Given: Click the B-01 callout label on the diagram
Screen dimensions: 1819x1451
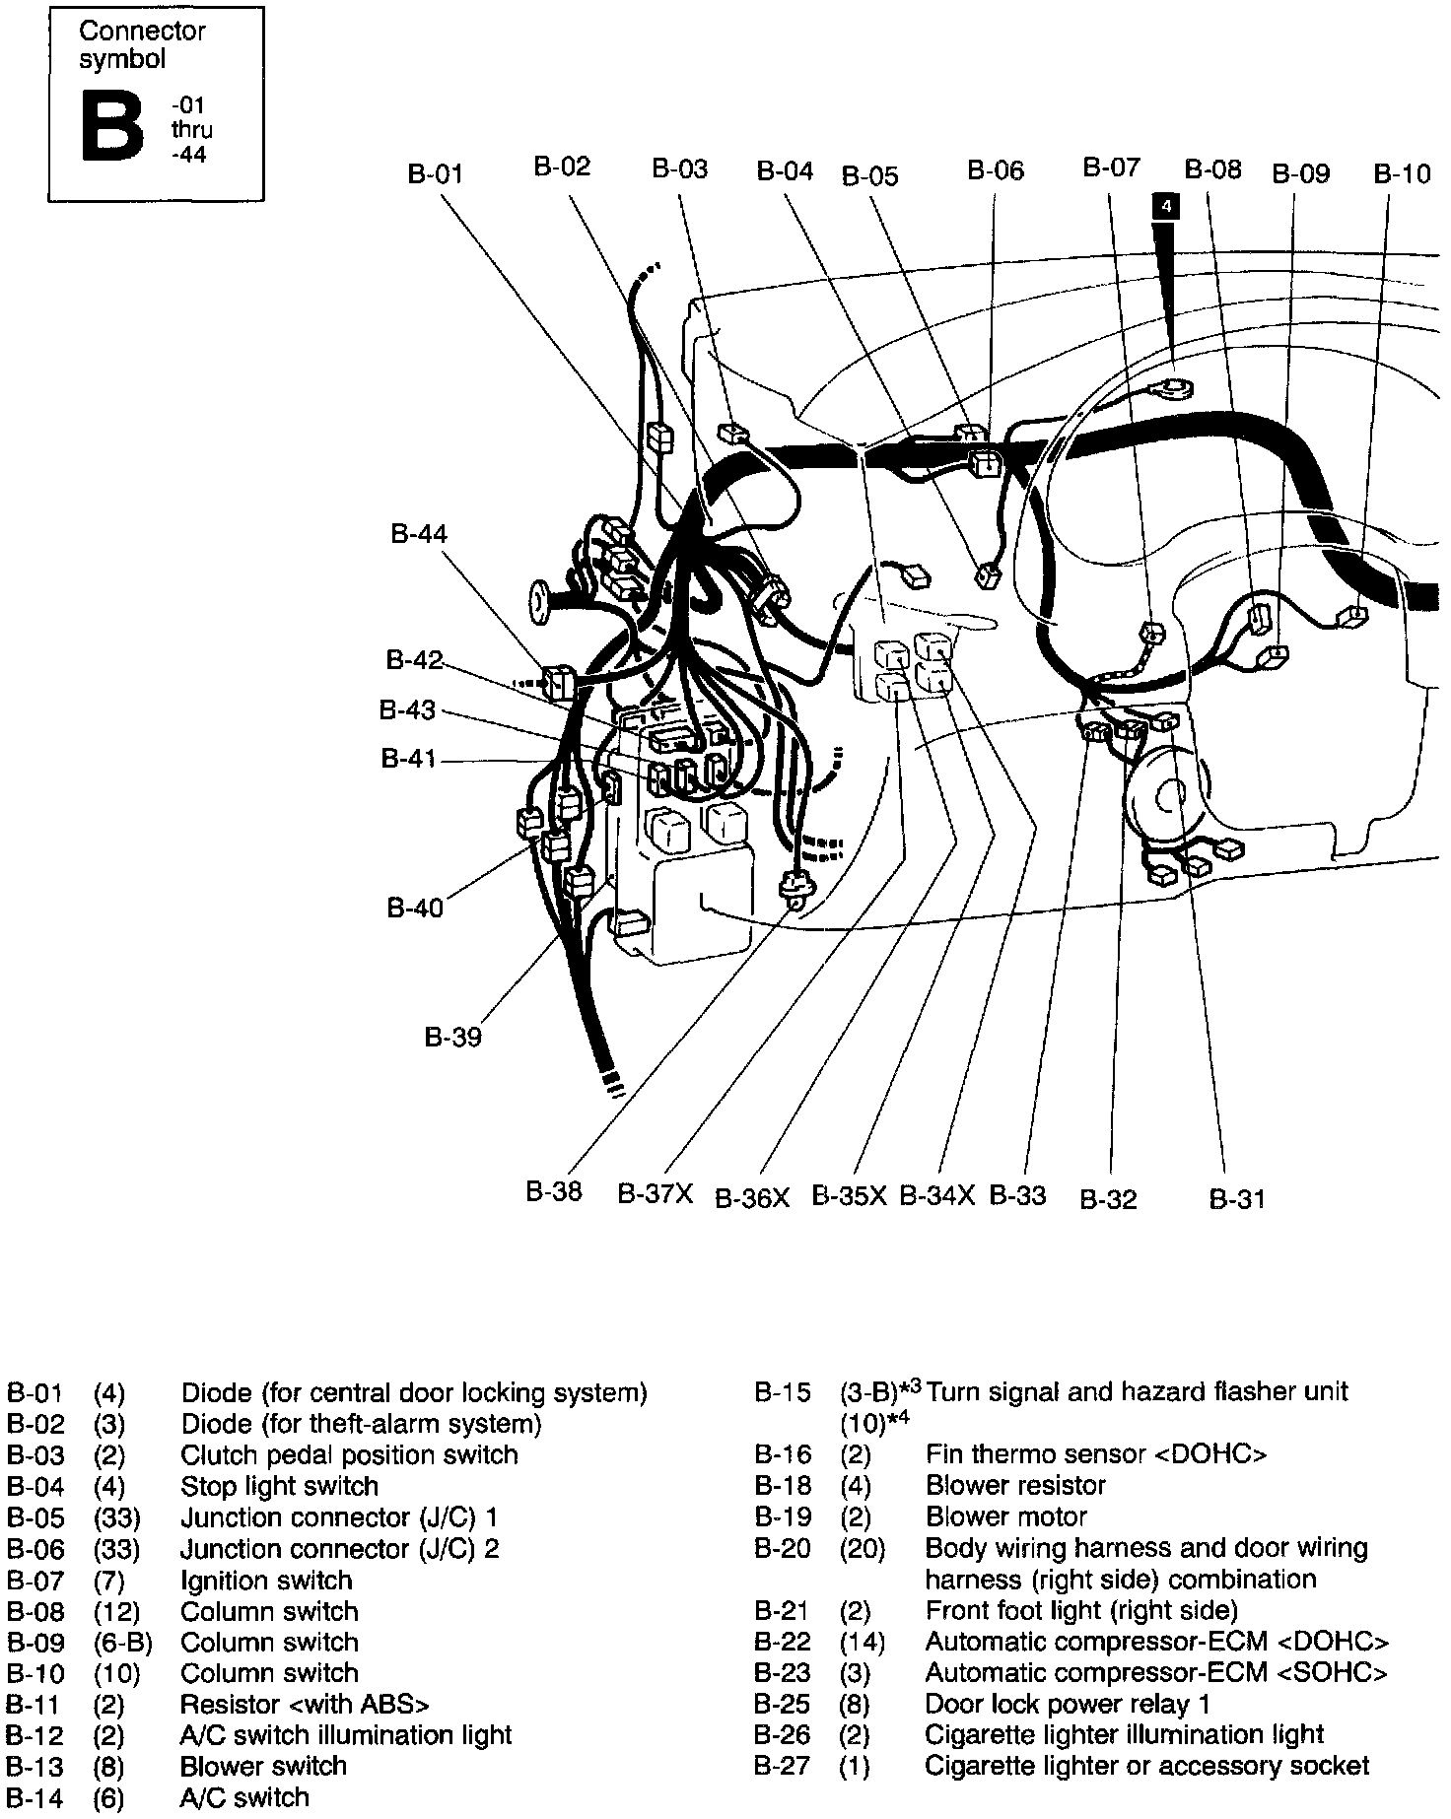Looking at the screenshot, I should coord(435,174).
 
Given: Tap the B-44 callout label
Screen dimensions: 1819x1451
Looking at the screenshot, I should coord(419,534).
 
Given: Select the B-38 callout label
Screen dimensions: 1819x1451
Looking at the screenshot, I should coord(553,1192).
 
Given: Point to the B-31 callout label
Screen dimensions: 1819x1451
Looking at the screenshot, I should coord(1236,1198).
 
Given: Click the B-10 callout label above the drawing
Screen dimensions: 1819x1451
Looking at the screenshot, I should coord(1402,174).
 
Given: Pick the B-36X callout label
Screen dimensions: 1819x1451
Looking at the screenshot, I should coord(752,1198).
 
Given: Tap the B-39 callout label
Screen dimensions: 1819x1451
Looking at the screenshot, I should coord(453,1037).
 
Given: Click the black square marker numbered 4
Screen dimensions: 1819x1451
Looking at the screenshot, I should coord(1166,206).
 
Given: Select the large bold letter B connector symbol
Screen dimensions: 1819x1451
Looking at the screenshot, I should coord(112,127).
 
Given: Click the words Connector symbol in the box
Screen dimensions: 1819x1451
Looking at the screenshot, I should coord(142,45).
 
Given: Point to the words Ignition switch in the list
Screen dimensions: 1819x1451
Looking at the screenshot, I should coord(266,1581).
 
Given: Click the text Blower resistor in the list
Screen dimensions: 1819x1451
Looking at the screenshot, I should coord(1015,1485).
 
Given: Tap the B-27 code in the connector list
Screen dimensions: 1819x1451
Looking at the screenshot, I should coord(783,1766).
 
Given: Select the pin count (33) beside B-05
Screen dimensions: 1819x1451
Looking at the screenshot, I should coord(116,1517).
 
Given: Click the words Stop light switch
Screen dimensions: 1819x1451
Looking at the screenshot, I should coord(279,1486).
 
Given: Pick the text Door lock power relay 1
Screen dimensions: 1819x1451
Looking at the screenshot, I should coord(1068,1704).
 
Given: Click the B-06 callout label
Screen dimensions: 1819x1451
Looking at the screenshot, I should coord(996,170).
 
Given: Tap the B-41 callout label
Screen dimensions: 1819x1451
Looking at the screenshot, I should coord(409,759).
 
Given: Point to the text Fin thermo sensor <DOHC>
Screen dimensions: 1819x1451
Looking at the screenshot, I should coord(1096,1454).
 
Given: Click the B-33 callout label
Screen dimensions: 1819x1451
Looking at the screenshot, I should coord(1017,1195).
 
